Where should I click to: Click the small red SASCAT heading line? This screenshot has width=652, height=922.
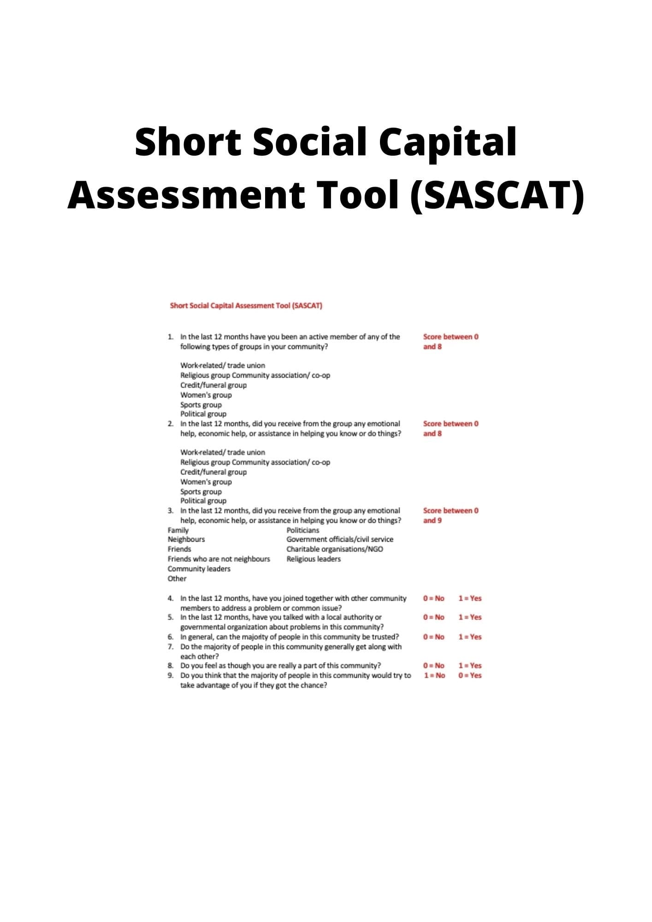(x=246, y=306)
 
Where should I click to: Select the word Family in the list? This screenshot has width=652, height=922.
(x=178, y=530)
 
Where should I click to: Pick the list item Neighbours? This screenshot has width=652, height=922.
(x=186, y=539)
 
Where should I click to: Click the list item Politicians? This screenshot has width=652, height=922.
(x=302, y=530)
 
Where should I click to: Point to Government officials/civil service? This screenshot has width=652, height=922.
(x=340, y=539)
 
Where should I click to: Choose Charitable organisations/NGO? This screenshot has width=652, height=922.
(x=334, y=549)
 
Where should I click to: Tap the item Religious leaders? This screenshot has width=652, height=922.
(x=314, y=559)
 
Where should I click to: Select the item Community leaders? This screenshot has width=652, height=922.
(x=199, y=569)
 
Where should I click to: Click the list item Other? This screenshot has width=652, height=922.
(x=177, y=579)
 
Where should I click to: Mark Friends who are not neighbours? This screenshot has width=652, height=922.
(x=219, y=559)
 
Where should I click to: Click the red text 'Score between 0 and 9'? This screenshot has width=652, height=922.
(x=450, y=515)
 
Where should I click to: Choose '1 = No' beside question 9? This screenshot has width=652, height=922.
(x=434, y=675)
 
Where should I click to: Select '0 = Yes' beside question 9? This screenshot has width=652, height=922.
(x=470, y=675)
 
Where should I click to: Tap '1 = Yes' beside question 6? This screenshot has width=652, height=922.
(x=470, y=637)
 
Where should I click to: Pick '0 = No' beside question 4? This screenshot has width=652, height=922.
(x=433, y=598)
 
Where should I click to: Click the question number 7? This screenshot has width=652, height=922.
(x=170, y=647)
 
